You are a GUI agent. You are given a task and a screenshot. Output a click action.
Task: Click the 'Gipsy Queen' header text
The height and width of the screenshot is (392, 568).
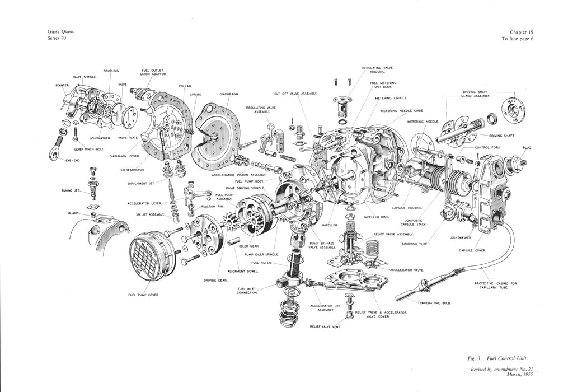tap(61, 32)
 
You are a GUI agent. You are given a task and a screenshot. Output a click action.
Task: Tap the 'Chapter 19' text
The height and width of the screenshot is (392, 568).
tap(521, 32)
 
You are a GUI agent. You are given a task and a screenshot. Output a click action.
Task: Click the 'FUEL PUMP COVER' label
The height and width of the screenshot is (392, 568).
tap(144, 295)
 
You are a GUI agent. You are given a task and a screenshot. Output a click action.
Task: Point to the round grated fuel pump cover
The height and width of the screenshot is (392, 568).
tap(152, 255)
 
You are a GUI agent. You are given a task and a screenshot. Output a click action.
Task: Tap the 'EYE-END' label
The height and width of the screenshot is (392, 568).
tap(73, 160)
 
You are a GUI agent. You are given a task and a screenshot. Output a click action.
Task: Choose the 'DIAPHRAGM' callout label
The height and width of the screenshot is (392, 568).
tap(229, 94)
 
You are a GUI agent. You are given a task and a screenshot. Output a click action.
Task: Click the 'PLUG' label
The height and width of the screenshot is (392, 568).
tap(527, 147)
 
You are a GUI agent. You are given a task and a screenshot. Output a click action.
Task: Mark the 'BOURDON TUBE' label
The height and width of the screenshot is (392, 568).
tap(414, 244)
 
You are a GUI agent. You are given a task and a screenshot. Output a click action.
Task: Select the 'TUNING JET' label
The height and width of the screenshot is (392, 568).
tap(71, 190)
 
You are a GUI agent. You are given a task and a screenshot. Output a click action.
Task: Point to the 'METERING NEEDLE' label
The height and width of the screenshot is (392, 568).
tap(423, 122)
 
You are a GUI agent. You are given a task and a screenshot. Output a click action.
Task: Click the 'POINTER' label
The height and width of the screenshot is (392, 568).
tap(62, 85)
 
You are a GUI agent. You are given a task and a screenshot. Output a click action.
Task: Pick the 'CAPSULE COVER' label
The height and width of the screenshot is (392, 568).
tap(471, 250)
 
